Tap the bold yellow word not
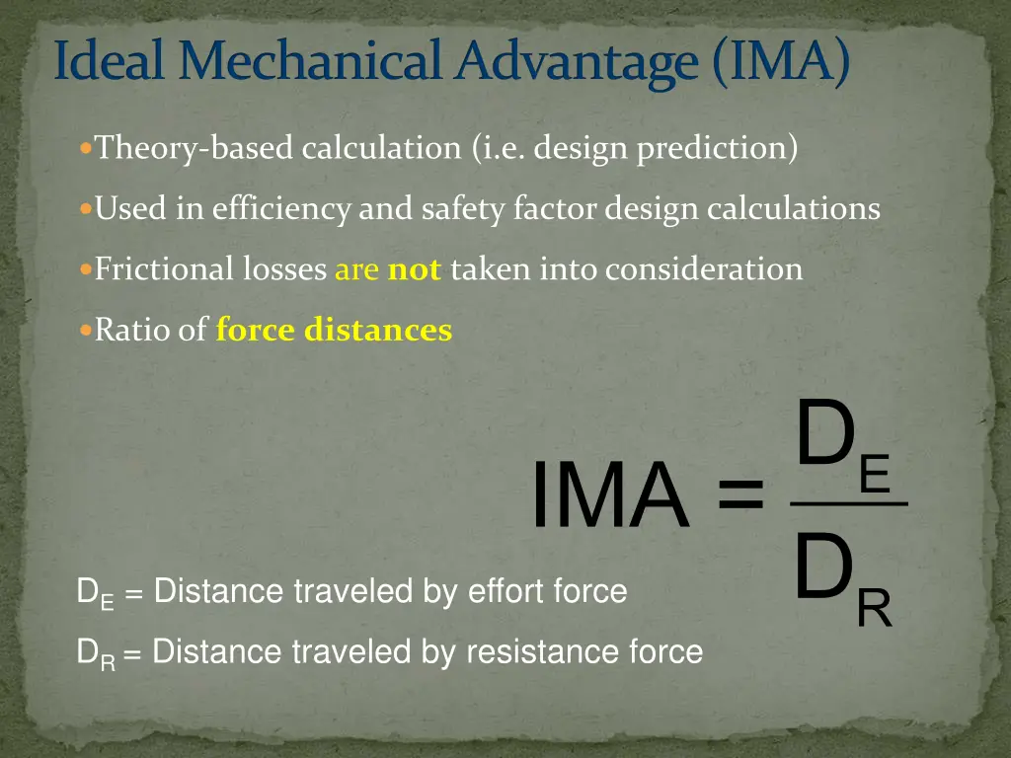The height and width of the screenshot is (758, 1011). pos(414,269)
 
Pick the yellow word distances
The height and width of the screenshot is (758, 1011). pos(378,330)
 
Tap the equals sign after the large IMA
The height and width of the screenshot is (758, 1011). pos(740,494)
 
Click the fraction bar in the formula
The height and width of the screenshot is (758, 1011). pos(849,504)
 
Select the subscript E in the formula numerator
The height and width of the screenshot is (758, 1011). pos(875,475)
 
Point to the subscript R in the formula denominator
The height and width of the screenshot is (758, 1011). pos(874,610)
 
